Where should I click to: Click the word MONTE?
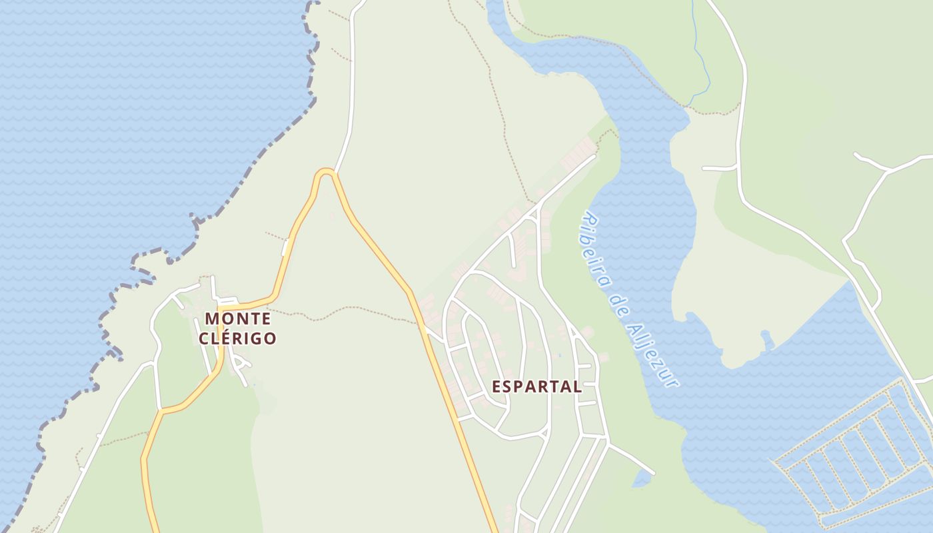click(237, 318)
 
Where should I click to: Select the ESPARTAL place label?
click(536, 386)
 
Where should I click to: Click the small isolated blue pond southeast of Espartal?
click(641, 478)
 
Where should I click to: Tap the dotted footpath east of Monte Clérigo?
click(347, 310)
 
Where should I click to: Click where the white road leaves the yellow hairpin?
click(335, 172)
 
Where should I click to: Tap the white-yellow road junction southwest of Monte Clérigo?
click(161, 410)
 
